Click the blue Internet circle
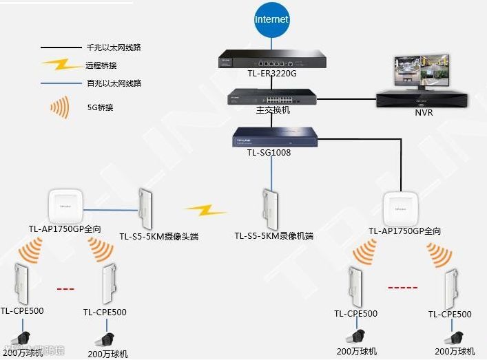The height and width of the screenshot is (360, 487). pyautogui.click(x=271, y=19)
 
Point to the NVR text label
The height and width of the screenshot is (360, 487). pyautogui.click(x=424, y=112)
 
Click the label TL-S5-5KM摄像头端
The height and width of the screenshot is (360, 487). pyautogui.click(x=158, y=237)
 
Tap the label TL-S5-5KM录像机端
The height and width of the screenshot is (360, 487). pyautogui.click(x=273, y=236)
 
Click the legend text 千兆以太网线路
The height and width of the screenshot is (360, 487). pyautogui.click(x=114, y=47)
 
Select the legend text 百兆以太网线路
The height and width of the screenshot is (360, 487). pyautogui.click(x=114, y=83)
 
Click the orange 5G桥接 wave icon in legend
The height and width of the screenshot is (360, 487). pyautogui.click(x=59, y=107)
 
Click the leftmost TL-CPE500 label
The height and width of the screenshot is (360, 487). pyautogui.click(x=22, y=310)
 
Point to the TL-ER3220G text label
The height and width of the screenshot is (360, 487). pyautogui.click(x=271, y=73)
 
